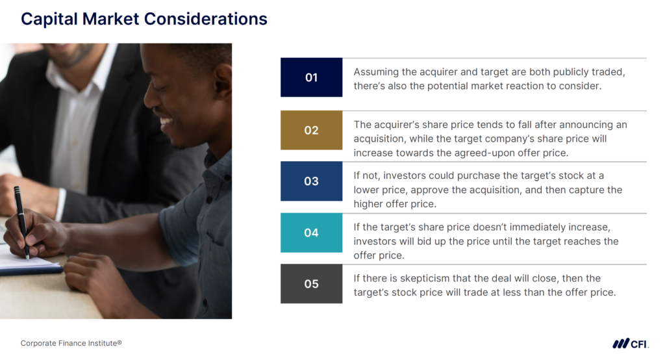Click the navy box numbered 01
point(311,77)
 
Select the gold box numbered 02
point(311,130)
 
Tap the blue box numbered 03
point(311,181)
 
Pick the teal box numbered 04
point(311,233)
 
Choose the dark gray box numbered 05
point(311,284)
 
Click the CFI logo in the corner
point(629,344)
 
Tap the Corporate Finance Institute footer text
point(71,343)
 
